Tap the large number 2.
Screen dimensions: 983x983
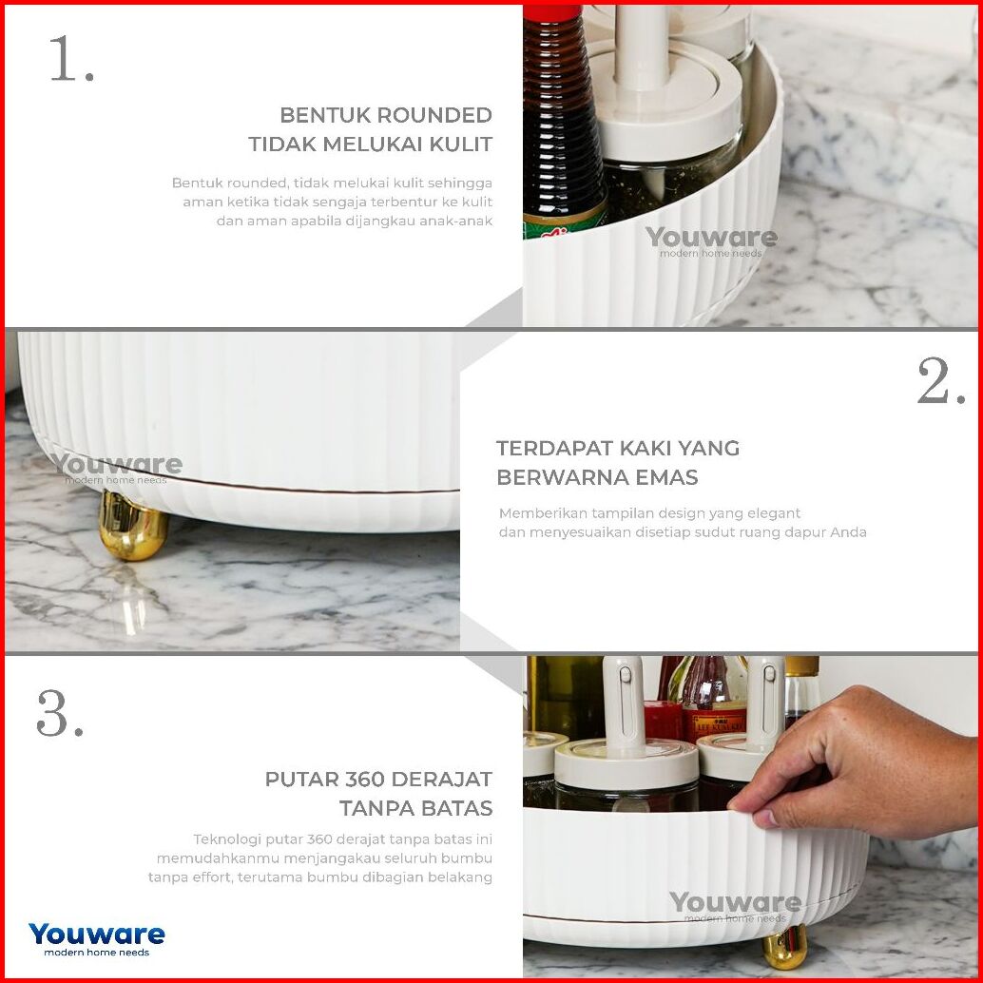tap(941, 381)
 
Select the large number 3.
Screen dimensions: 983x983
tap(60, 713)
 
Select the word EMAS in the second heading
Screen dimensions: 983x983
tap(666, 477)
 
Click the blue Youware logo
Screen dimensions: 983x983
tap(97, 939)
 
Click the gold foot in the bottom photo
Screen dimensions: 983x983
tap(783, 947)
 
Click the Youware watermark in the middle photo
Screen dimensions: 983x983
tap(117, 469)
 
